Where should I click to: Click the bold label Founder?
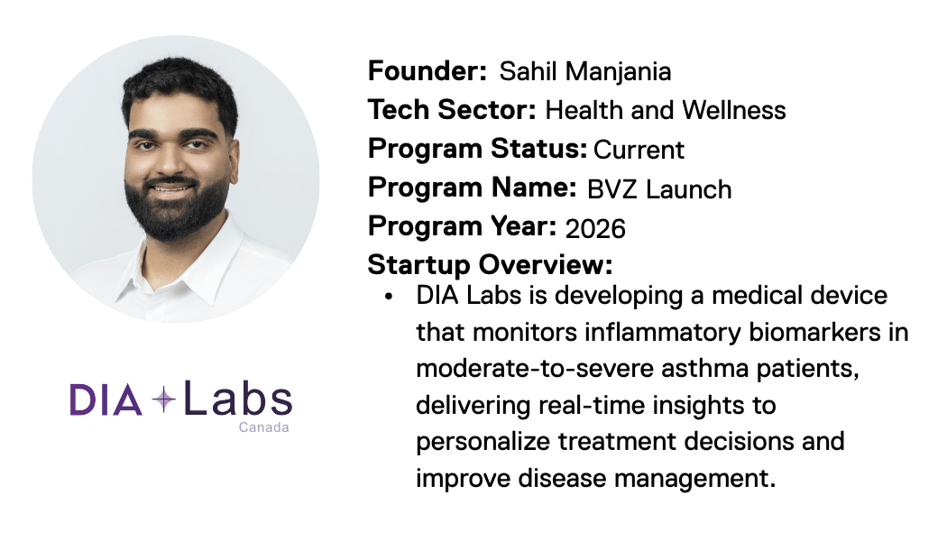click(x=427, y=71)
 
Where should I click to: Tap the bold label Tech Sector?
click(x=452, y=110)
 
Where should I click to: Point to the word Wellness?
click(x=734, y=111)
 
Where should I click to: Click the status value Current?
click(x=639, y=150)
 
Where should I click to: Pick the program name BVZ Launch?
click(x=658, y=189)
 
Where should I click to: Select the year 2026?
click(x=595, y=228)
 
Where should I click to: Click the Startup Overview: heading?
click(x=490, y=265)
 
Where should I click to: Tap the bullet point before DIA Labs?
click(x=389, y=297)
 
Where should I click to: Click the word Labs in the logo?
click(x=237, y=399)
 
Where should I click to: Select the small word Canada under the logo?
click(x=263, y=427)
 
